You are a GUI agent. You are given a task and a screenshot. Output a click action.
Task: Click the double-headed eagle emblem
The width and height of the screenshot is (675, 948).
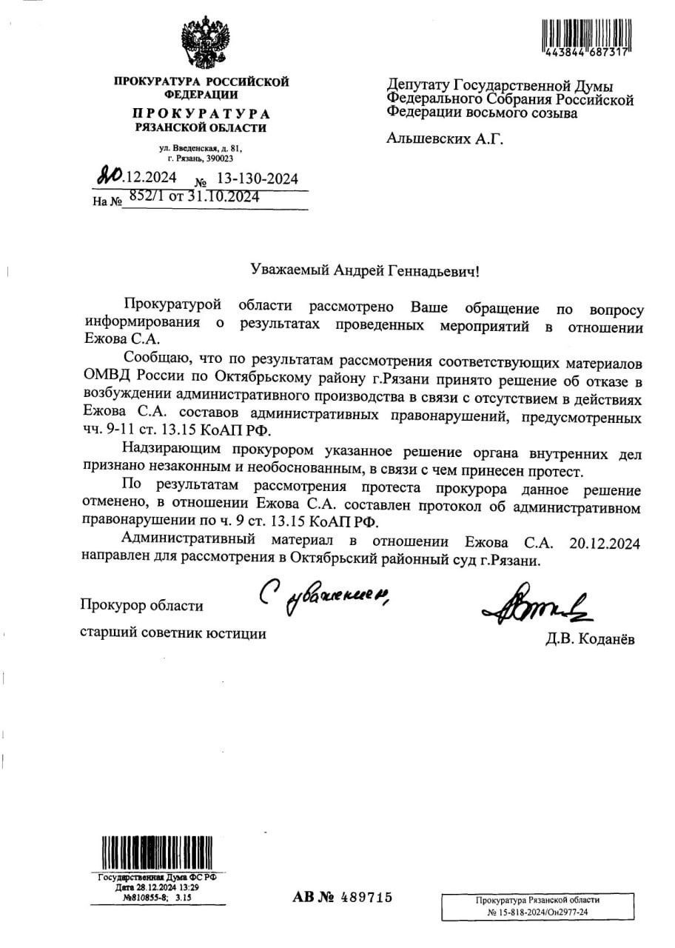pyautogui.click(x=206, y=44)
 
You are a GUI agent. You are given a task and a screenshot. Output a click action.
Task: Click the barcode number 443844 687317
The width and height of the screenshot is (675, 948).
pyautogui.click(x=585, y=53)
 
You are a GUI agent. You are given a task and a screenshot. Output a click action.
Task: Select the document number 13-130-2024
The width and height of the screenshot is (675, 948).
pyautogui.click(x=257, y=179)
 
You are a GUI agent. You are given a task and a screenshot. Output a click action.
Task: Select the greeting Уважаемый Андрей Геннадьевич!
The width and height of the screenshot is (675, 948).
pyautogui.click(x=365, y=272)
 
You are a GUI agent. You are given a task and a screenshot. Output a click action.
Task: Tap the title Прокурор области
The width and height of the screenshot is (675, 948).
pyautogui.click(x=141, y=606)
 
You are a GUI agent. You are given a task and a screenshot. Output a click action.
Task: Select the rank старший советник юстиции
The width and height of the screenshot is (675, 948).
pyautogui.click(x=172, y=633)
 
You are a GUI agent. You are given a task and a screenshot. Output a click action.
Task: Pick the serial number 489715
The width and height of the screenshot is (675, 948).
pyautogui.click(x=366, y=898)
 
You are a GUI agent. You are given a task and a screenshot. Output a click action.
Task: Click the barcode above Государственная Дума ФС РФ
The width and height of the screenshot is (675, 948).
pyautogui.click(x=157, y=853)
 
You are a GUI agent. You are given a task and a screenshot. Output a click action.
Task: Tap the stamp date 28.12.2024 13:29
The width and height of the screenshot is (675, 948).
pyautogui.click(x=157, y=887)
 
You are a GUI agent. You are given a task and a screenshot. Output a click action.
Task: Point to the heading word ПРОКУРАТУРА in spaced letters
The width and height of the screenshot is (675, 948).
pyautogui.click(x=201, y=114)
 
